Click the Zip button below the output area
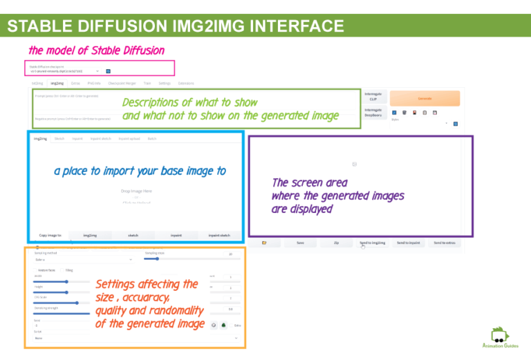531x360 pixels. click(x=336, y=243)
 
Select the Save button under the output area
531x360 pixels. click(x=300, y=243)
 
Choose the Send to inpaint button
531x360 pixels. click(x=409, y=243)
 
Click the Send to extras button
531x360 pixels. click(x=445, y=243)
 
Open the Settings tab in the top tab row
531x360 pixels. click(x=165, y=83)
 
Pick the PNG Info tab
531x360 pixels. click(x=94, y=83)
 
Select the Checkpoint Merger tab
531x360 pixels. click(x=120, y=83)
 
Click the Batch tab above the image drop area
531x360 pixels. click(x=151, y=138)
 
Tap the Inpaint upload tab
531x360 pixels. click(x=129, y=138)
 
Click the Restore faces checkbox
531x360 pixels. click(x=36, y=270)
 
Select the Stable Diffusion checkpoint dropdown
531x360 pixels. click(x=65, y=70)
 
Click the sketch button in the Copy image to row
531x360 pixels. click(x=133, y=236)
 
